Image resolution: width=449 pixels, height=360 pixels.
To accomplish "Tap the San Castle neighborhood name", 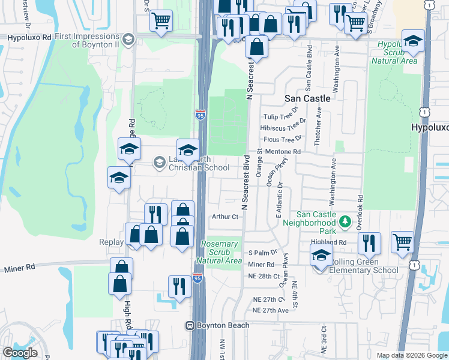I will pyautogui.click(x=307, y=98).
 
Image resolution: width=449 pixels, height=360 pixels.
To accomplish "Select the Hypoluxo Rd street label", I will pyautogui.click(x=27, y=37).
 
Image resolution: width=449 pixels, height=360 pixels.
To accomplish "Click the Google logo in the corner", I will pyautogui.click(x=20, y=352).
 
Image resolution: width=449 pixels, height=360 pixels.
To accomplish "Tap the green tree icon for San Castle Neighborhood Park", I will pyautogui.click(x=345, y=223).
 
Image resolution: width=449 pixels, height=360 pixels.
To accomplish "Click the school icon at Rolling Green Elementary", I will pyautogui.click(x=321, y=256).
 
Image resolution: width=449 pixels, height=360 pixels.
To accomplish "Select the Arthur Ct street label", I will pyautogui.click(x=226, y=217).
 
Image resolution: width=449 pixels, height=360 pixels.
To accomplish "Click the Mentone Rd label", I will pyautogui.click(x=282, y=152).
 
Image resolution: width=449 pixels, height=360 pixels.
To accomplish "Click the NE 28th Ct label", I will pyautogui.click(x=264, y=276).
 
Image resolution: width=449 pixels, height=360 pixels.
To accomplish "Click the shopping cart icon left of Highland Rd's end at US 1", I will pyautogui.click(x=402, y=242).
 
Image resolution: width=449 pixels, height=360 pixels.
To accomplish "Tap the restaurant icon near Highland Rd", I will pyautogui.click(x=369, y=242).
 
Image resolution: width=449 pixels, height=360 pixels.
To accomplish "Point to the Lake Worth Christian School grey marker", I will pyautogui.click(x=159, y=162).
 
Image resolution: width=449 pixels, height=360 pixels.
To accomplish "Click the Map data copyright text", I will pyautogui.click(x=411, y=355).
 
